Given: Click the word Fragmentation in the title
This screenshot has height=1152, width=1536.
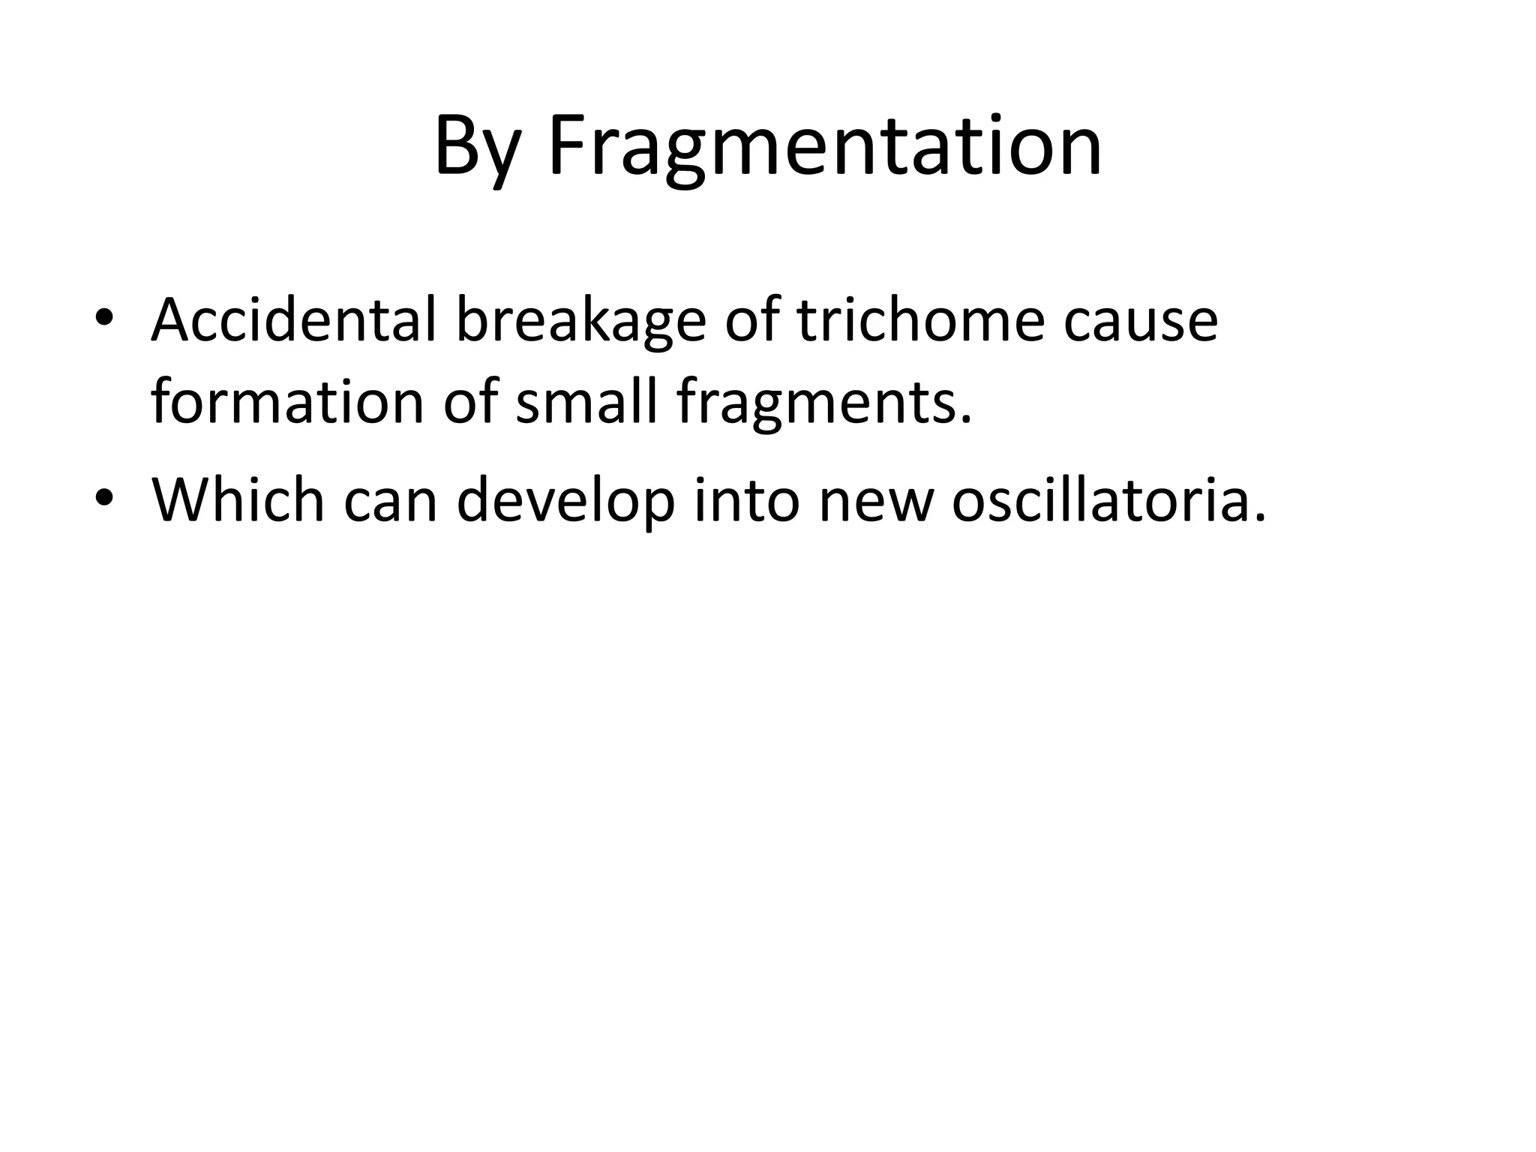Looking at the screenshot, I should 825,146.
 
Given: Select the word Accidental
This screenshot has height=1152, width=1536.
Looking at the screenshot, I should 293,320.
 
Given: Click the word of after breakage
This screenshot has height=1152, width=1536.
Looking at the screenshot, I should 751,320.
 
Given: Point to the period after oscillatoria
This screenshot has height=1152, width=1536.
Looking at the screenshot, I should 1259,517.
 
